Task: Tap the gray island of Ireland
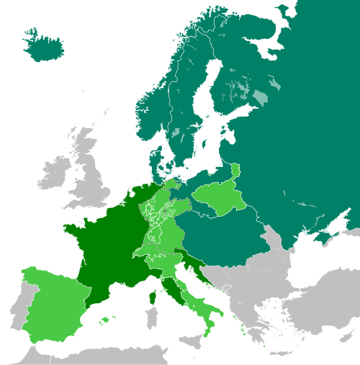54,173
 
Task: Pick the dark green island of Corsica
153,296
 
